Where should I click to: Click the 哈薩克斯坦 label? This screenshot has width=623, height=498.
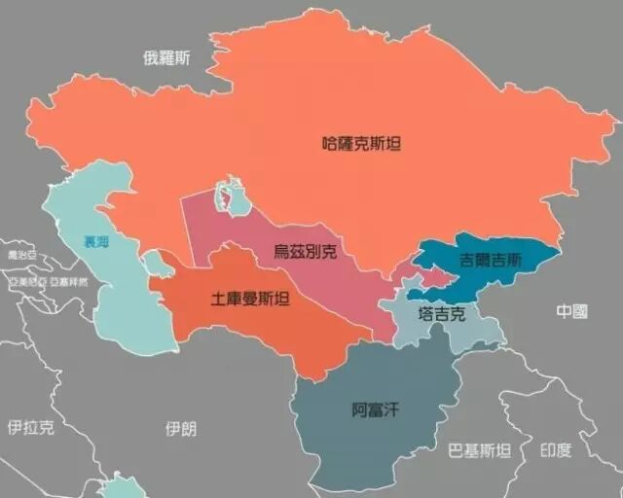361,144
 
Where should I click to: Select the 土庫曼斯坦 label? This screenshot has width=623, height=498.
250,298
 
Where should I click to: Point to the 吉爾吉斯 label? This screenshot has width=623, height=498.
492,261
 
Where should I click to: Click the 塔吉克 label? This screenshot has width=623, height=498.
442,314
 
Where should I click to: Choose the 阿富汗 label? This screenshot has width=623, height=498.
375,409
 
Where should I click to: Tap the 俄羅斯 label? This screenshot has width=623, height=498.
167,58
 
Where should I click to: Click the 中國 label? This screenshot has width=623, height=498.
572,311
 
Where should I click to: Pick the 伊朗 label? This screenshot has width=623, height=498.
181,428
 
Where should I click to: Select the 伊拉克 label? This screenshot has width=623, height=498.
30,427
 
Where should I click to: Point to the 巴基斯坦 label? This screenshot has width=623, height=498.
479,450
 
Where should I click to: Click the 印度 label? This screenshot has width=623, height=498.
556,449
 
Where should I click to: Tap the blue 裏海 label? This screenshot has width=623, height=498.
96,242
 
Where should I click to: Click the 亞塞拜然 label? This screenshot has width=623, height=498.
68,281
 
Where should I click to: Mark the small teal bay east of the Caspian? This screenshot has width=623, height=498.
154,262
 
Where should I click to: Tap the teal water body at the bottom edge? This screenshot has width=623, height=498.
123,486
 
